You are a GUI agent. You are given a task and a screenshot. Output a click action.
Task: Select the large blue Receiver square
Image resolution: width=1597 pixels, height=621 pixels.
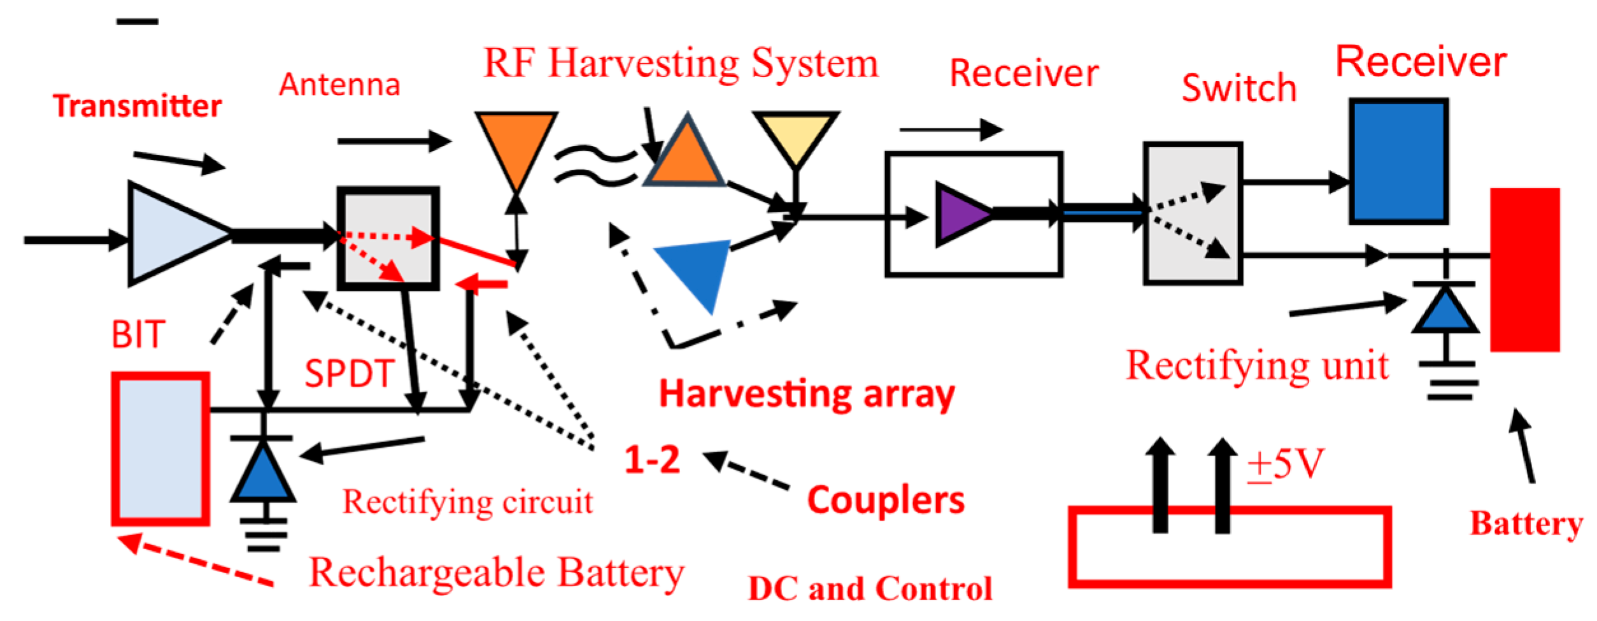coord(1398,161)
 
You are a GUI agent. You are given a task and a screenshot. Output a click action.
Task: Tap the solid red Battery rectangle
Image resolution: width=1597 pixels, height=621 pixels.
coord(1524,269)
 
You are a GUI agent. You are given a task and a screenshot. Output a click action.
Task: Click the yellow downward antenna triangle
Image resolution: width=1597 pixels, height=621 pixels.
coord(795,136)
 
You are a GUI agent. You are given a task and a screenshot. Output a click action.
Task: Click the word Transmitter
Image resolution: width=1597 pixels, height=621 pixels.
coord(137,106)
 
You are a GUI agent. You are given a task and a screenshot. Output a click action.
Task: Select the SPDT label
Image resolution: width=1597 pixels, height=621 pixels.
coord(350,374)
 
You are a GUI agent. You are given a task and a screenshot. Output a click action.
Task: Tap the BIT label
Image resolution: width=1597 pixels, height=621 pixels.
coord(138,335)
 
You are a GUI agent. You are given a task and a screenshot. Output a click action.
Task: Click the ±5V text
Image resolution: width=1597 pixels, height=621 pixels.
coord(1285,464)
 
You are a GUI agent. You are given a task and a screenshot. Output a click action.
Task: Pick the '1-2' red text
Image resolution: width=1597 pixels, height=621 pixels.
coord(651,459)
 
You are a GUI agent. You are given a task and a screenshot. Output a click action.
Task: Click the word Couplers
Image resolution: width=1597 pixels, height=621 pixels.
coord(886,501)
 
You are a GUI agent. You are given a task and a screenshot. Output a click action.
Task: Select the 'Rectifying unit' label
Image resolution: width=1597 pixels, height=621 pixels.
coord(1256,366)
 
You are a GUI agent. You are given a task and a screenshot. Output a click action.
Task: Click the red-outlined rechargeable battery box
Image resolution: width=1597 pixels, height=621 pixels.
coord(160,450)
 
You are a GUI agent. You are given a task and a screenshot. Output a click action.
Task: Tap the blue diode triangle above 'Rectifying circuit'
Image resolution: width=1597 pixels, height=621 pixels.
coord(263,473)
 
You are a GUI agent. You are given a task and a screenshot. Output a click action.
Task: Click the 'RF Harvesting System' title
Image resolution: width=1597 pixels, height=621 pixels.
coord(680,64)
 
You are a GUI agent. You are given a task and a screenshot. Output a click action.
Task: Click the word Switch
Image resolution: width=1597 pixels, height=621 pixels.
coord(1239,88)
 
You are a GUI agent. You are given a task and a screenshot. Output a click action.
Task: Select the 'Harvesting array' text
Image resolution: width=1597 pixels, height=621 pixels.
coord(806,394)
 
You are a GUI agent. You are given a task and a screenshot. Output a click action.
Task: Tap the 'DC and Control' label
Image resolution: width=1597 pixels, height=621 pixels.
coord(870,588)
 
